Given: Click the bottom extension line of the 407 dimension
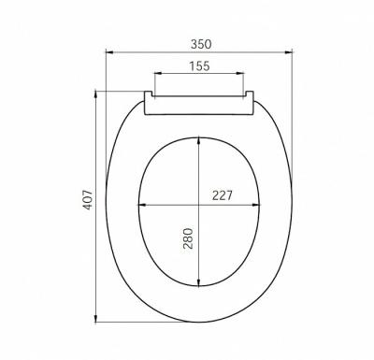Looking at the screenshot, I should [140, 322].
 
